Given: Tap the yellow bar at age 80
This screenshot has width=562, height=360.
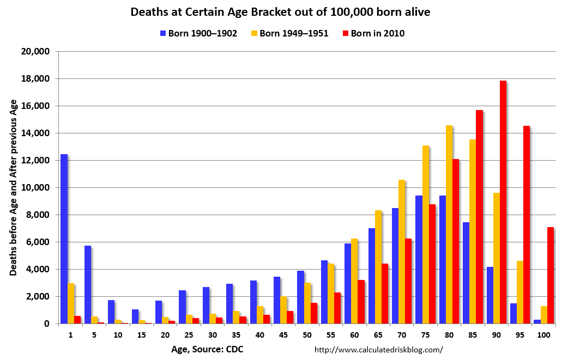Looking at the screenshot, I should [449, 224].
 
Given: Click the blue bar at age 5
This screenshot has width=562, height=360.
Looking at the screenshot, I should [88, 284].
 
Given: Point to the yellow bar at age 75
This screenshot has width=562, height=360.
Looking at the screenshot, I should [425, 234].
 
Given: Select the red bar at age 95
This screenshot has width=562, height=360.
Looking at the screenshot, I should [527, 224].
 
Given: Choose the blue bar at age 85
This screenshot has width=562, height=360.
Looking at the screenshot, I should [466, 273].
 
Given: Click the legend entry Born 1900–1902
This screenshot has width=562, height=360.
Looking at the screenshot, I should [198, 33].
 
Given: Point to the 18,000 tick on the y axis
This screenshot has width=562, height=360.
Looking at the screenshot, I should [38, 78].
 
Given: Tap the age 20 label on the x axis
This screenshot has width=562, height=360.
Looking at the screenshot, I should [165, 335].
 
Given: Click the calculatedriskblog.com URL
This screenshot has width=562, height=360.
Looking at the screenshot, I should [379, 350].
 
